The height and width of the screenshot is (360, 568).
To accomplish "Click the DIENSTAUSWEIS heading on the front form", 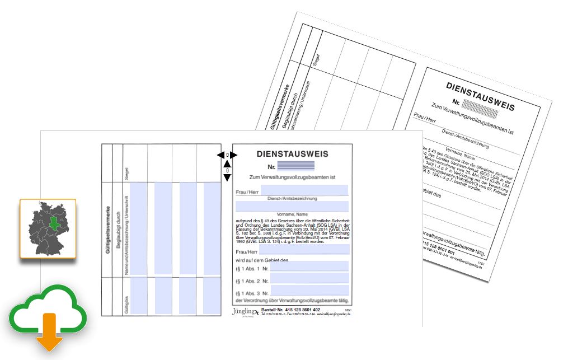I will (x=293, y=153).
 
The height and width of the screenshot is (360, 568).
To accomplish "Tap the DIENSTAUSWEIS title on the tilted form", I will (x=480, y=96).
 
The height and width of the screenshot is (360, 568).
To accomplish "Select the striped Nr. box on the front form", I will (x=296, y=166).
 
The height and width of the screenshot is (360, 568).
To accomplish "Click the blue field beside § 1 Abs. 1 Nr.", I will (x=309, y=267).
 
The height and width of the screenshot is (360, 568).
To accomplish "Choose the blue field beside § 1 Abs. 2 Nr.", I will (x=309, y=279).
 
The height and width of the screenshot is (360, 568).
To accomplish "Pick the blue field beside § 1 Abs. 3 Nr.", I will (x=309, y=292).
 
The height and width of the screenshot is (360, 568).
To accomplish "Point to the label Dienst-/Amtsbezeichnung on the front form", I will (x=293, y=198).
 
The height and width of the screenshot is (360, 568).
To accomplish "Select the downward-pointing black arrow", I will (x=227, y=177).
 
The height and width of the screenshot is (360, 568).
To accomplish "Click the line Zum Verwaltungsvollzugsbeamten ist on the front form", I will (x=292, y=177).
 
